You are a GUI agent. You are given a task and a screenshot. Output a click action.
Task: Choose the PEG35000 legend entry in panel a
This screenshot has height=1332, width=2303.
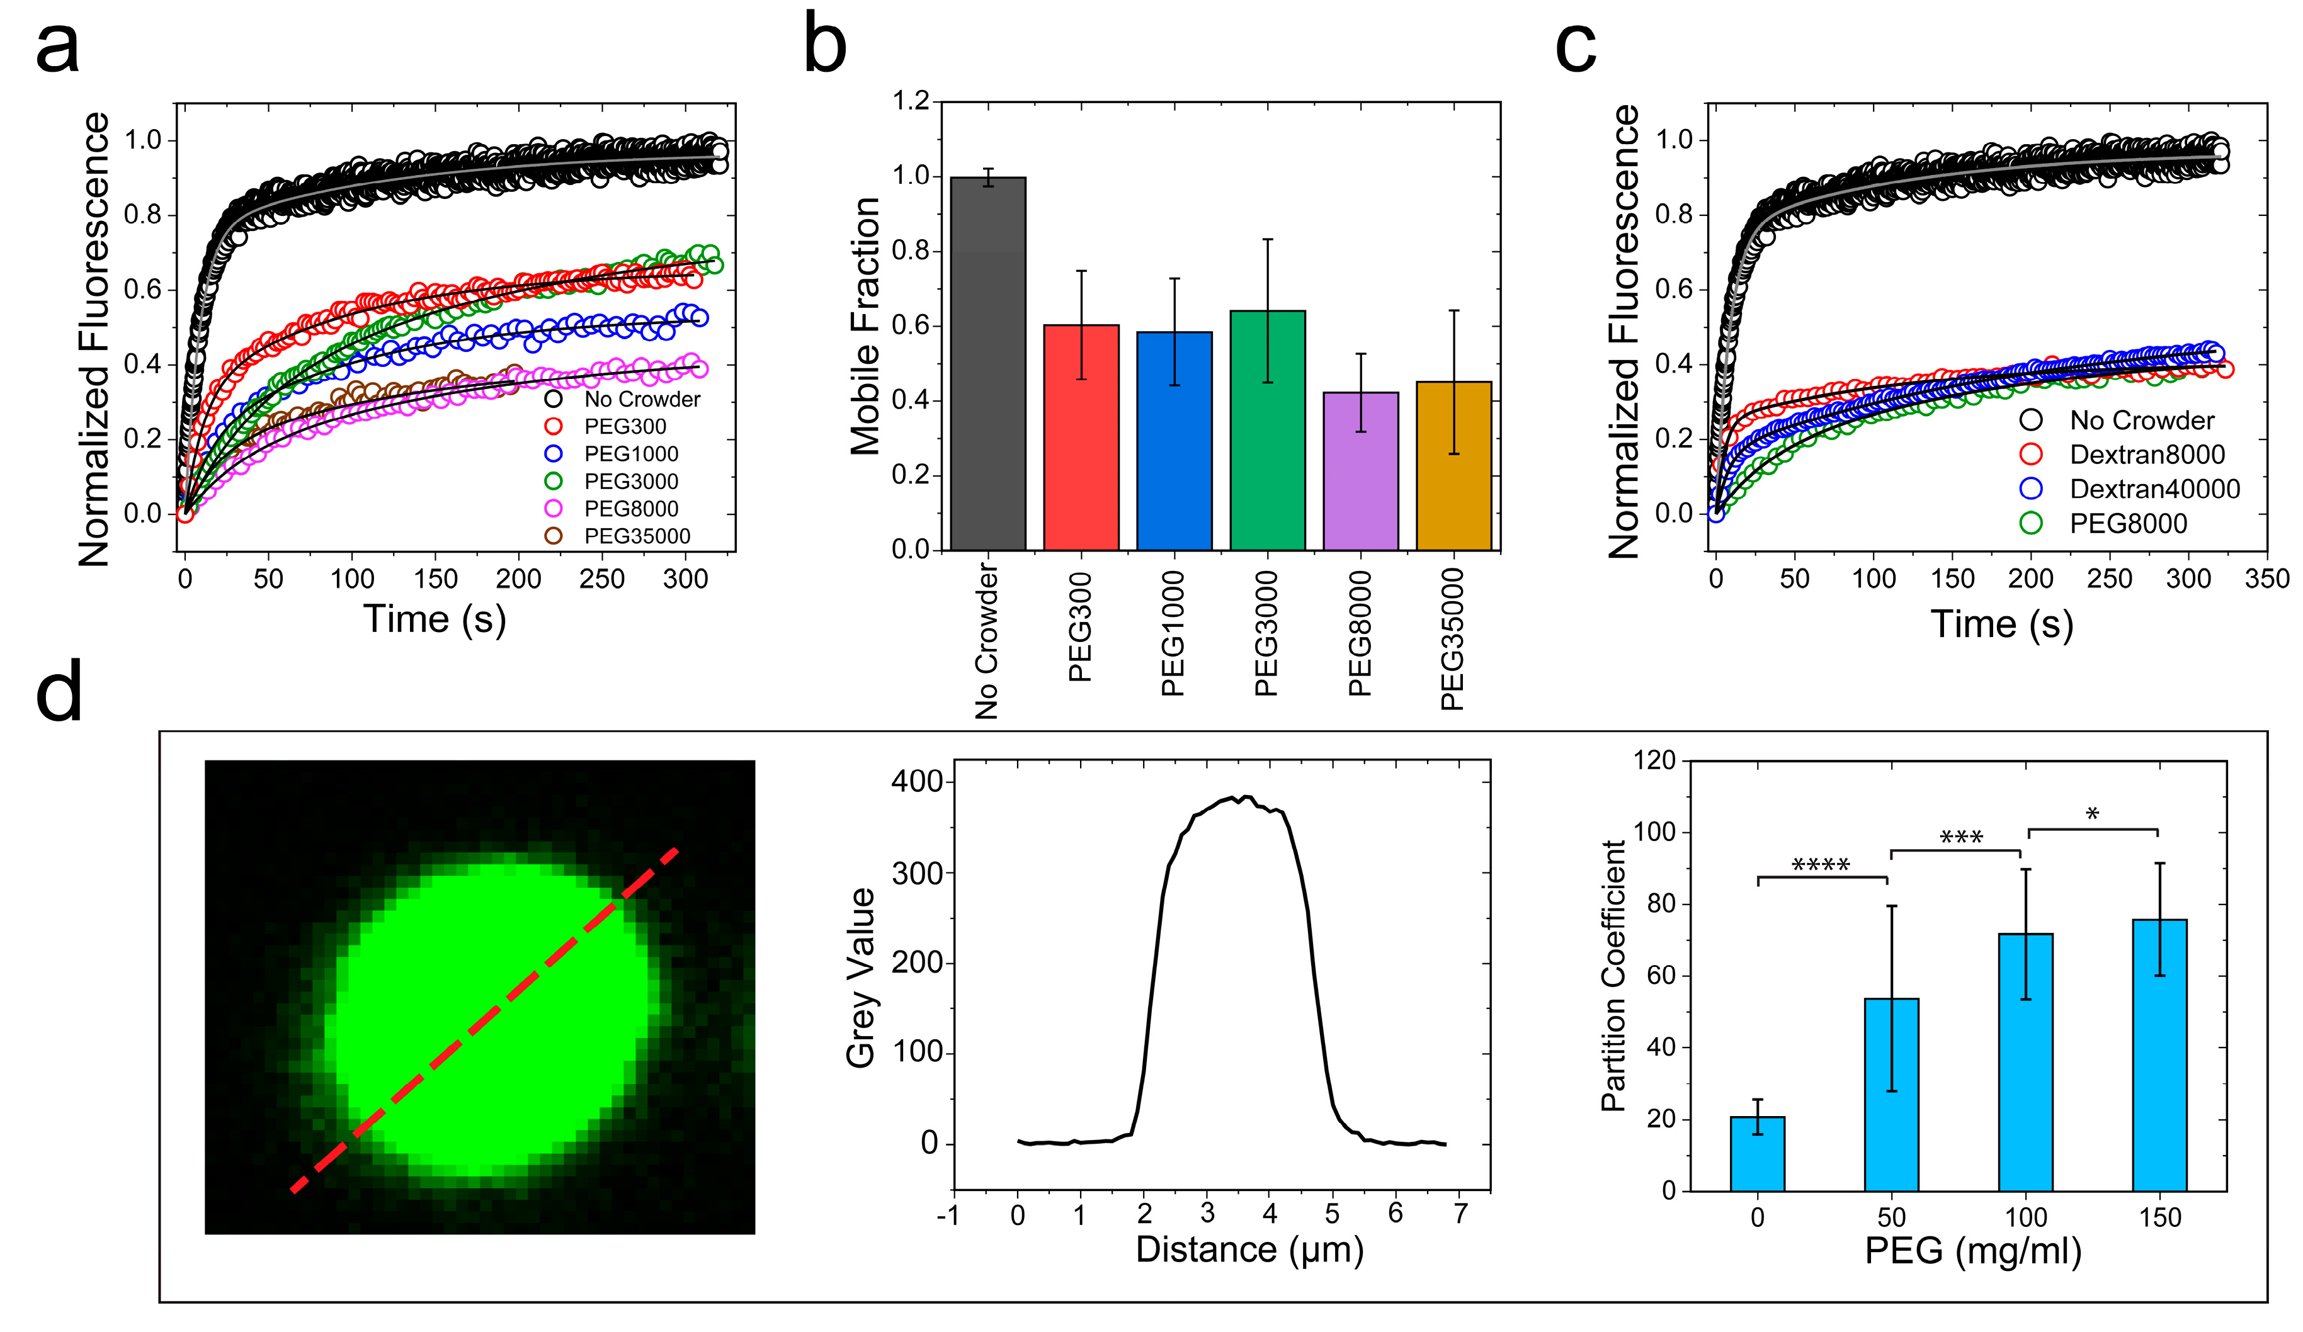pos(636,536)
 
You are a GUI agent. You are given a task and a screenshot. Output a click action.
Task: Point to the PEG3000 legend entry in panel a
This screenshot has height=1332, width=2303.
pos(630,482)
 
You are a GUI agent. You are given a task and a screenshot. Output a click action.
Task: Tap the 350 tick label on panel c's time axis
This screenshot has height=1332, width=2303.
pos(2266,579)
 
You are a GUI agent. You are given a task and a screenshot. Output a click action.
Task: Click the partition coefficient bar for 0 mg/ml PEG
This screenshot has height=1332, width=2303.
pos(1756,1153)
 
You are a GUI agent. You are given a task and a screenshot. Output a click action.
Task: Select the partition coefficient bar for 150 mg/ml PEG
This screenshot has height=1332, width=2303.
pos(2159,1054)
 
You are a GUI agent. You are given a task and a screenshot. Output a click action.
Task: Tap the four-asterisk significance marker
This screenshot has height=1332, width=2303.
pos(1821,864)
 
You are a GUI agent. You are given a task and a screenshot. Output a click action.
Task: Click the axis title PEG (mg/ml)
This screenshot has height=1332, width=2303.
pos(1972,1251)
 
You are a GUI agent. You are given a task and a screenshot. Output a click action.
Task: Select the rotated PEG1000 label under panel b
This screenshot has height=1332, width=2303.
pos(1173,633)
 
